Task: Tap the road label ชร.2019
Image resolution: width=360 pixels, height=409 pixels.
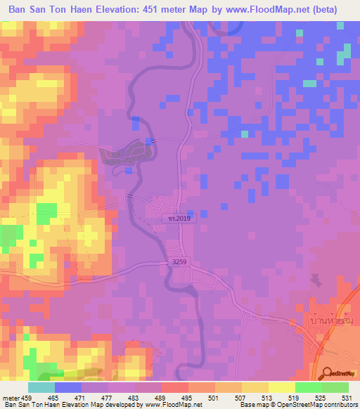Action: click(179, 219)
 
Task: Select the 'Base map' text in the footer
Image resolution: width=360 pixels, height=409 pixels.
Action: click(252, 405)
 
